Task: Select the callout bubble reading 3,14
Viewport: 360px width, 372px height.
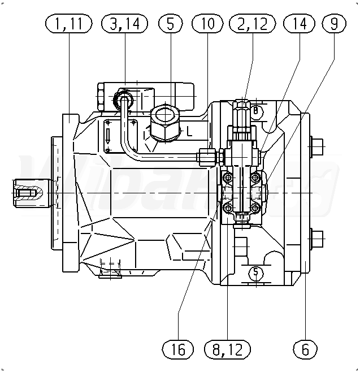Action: coord(124,24)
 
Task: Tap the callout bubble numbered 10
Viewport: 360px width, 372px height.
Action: coord(208,24)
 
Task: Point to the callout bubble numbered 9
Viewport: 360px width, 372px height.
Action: coord(334,24)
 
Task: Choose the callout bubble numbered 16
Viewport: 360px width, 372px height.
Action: coord(178,349)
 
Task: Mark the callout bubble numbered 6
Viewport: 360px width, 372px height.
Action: coord(306,349)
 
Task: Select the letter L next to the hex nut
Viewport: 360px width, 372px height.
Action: coord(189,132)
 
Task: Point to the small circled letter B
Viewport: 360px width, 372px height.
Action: coord(256,111)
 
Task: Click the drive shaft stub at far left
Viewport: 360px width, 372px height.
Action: coord(25,193)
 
